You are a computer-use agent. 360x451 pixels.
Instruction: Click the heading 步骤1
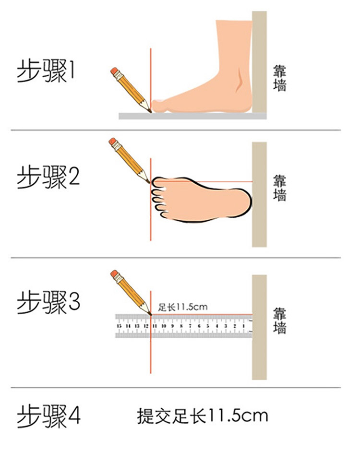coord(46,71)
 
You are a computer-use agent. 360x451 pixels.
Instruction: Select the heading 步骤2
coord(48,177)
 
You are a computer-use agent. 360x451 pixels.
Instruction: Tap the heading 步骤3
coord(48,302)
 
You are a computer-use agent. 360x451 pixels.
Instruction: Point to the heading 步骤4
coord(48,416)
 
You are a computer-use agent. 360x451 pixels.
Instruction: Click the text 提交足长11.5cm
coord(202,416)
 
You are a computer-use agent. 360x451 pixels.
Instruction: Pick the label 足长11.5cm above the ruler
coord(183,307)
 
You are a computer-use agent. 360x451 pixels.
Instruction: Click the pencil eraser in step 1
coord(114,71)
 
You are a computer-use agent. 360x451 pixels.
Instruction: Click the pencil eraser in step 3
coord(114,273)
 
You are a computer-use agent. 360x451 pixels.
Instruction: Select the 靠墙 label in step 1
coord(279,78)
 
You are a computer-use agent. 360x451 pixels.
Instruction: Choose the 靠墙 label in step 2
coord(279,188)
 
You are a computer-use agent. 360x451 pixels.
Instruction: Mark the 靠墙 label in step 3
coord(279,320)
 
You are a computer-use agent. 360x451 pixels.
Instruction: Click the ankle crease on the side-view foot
coord(240,81)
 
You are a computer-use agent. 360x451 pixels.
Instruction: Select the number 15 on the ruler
coord(120,326)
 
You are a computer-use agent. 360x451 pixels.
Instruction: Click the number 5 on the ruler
coord(208,326)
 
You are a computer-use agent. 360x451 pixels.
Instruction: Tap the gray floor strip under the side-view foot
coord(192,116)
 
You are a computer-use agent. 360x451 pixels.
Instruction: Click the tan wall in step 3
coord(259,327)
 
